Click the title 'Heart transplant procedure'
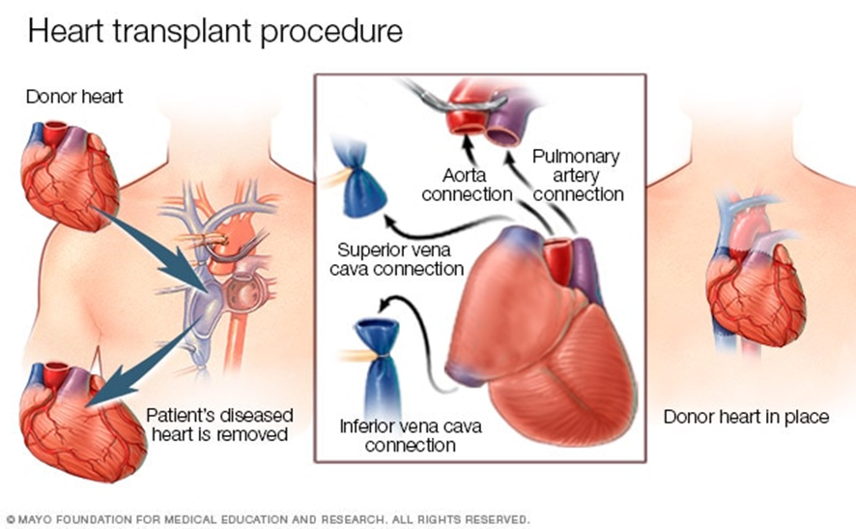tap(215, 31)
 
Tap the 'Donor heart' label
tap(74, 97)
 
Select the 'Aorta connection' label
tap(467, 185)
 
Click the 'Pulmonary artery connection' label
tap(578, 175)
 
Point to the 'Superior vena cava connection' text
tap(397, 259)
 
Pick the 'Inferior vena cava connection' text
tap(411, 435)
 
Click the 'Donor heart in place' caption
tap(746, 417)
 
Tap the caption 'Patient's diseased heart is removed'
tap(219, 425)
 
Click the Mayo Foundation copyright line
tap(268, 519)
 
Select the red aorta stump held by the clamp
tap(467, 115)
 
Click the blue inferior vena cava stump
tap(378, 364)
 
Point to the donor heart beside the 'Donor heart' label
tap(70, 176)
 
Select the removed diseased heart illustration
tap(82, 424)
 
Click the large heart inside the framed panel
tap(540, 338)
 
